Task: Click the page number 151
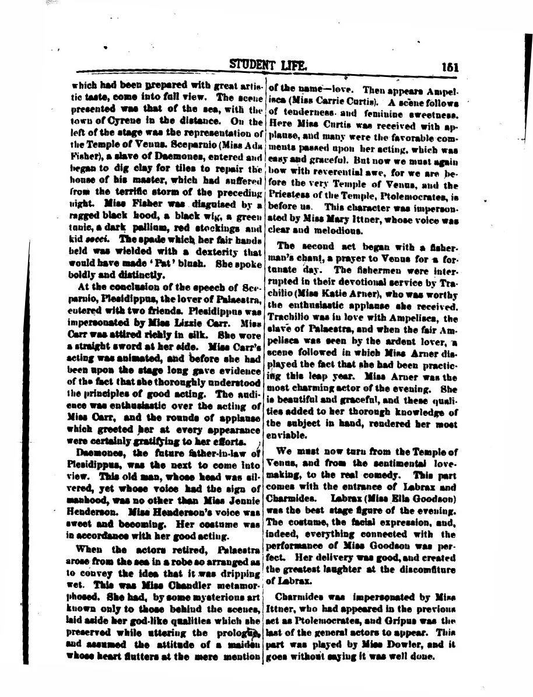coord(450,66)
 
